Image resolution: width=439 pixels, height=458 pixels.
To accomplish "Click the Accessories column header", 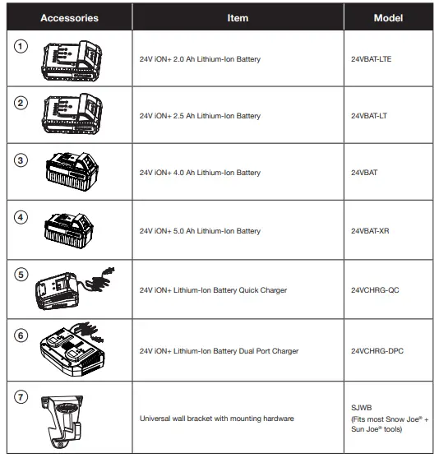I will point(69,17).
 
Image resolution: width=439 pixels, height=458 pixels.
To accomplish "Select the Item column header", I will point(238,17).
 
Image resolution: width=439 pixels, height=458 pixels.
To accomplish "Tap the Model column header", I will point(388,17).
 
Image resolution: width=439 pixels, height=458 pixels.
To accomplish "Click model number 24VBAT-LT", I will point(371,116).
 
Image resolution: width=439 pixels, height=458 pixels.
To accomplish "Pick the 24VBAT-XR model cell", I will point(371,232).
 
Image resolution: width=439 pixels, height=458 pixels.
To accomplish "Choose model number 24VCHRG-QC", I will point(376,290).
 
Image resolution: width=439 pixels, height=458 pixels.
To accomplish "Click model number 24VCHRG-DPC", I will point(377,351).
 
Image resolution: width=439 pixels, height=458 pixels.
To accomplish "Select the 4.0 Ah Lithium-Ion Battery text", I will point(201,173).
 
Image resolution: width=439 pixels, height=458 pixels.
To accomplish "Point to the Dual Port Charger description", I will point(219,351).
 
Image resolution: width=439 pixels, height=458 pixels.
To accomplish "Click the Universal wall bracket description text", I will point(217,419).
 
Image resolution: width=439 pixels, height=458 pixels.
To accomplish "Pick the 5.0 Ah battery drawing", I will point(71,230).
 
